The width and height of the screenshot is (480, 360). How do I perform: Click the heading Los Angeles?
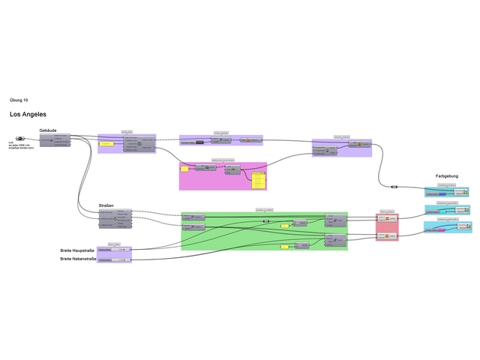pos(28,115)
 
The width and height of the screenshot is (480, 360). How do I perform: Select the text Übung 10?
pos(19,100)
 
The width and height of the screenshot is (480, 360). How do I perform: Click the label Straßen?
pos(106,205)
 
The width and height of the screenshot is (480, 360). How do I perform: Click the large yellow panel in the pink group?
pos(259,180)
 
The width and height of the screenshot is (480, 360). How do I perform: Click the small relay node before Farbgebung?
pos(394,185)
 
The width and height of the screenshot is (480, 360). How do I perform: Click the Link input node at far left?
pos(20,139)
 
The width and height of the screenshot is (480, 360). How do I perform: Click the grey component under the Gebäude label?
pos(55,140)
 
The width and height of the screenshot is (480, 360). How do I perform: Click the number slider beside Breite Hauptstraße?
pos(115,250)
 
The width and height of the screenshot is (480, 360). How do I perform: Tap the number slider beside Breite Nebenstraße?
pos(115,259)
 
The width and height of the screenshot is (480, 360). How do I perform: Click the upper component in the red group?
pos(387,218)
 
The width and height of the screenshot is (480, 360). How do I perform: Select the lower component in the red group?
pos(387,236)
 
